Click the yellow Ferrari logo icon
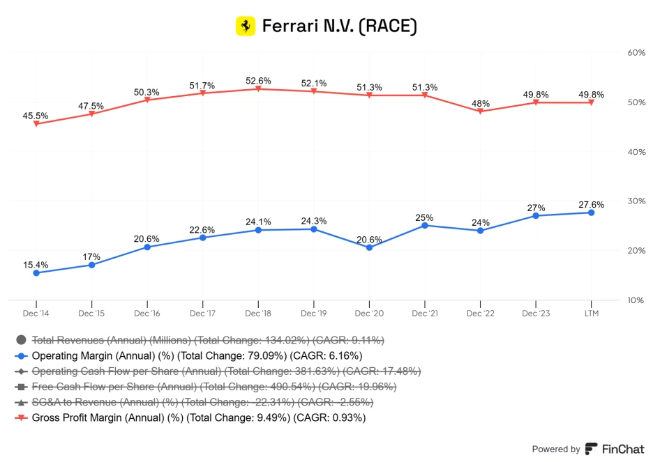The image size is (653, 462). click(x=246, y=26)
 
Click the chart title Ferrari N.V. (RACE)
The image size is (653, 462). click(x=339, y=26)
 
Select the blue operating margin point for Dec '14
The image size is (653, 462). click(x=36, y=272)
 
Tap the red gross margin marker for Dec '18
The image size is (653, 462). click(x=258, y=88)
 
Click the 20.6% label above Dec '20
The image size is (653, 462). click(x=369, y=239)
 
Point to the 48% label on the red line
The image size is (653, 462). click(x=480, y=103)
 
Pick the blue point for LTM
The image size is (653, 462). click(x=591, y=213)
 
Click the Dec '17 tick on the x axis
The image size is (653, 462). click(x=202, y=314)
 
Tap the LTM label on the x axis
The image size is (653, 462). click(x=591, y=314)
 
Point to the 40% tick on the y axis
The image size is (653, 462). click(x=636, y=152)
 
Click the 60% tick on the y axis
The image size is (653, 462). click(x=636, y=53)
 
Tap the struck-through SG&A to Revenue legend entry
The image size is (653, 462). click(x=202, y=402)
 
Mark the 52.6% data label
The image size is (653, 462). click(x=258, y=81)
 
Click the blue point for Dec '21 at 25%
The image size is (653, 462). click(x=425, y=225)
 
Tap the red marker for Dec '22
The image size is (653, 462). click(x=480, y=111)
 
